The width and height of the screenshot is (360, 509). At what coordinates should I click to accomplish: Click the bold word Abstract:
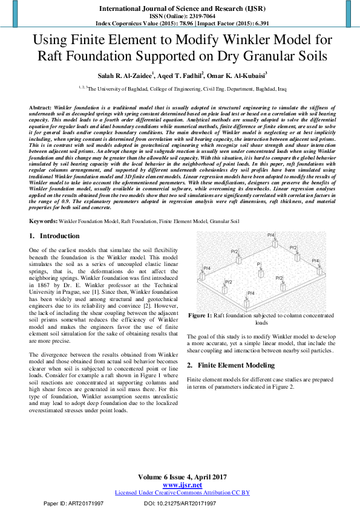pos(41,106)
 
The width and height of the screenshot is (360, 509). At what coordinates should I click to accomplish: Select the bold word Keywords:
pos(43,222)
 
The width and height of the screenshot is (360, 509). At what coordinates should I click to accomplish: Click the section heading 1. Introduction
pos(55,235)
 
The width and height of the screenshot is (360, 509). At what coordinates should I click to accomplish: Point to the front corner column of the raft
pos(246,301)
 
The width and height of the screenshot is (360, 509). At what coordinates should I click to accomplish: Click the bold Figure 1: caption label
pos(200,316)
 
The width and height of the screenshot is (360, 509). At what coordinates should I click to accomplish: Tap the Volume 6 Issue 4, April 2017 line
pos(182,478)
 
